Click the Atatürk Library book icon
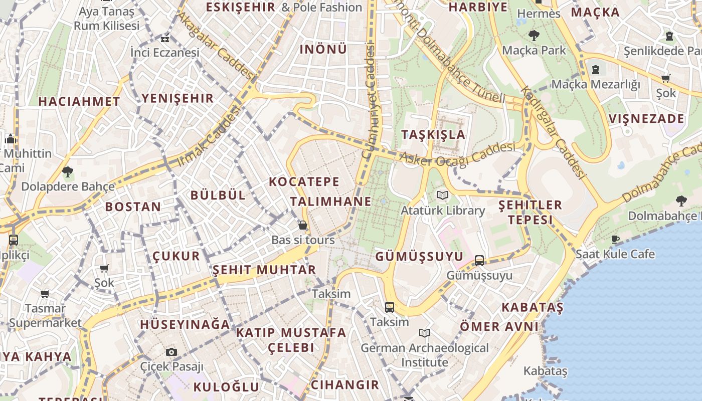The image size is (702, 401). (442, 195)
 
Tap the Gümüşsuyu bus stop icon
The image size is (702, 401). (479, 260)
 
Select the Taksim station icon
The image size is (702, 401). (390, 307)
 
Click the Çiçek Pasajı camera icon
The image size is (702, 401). (171, 352)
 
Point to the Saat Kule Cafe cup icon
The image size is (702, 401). (615, 239)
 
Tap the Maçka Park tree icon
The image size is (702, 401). (534, 35)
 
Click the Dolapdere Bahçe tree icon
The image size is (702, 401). (68, 172)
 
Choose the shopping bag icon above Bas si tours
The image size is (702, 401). (303, 225)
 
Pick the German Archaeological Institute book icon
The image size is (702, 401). (425, 333)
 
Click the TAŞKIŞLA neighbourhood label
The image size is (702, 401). (433, 134)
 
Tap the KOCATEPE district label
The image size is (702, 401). (304, 181)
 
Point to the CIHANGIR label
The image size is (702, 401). (345, 385)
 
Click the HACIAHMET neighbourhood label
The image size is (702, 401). (79, 101)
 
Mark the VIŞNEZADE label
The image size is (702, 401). (646, 119)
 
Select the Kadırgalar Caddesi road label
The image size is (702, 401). (553, 133)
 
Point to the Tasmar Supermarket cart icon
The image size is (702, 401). (45, 294)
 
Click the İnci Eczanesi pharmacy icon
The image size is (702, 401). (165, 38)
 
